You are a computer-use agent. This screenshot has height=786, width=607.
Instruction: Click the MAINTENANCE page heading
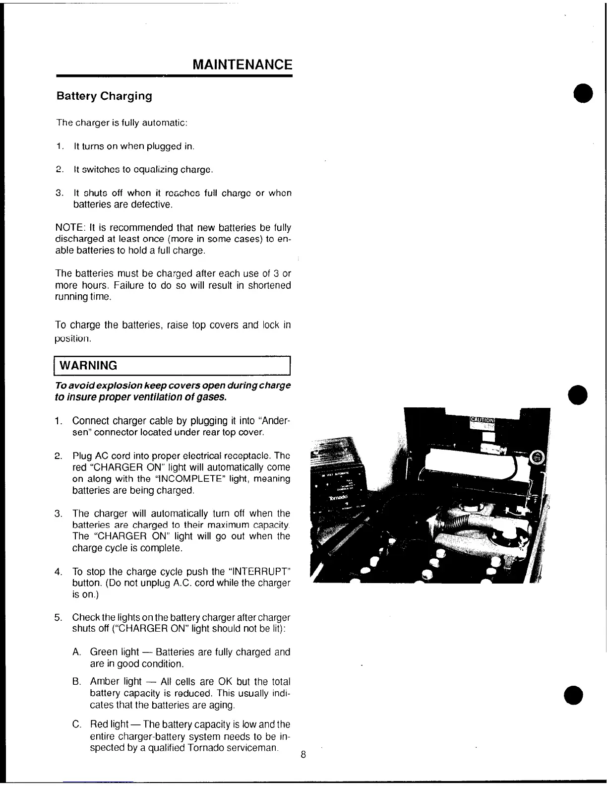tap(242, 65)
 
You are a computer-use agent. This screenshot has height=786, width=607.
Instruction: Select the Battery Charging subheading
tap(104, 96)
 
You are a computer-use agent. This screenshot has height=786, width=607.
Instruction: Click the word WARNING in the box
tap(88, 366)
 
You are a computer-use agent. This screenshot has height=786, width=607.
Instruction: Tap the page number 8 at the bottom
tap(303, 755)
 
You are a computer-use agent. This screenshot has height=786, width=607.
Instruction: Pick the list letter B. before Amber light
tap(76, 682)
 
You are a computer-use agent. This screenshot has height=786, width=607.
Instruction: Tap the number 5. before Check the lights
tap(59, 618)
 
